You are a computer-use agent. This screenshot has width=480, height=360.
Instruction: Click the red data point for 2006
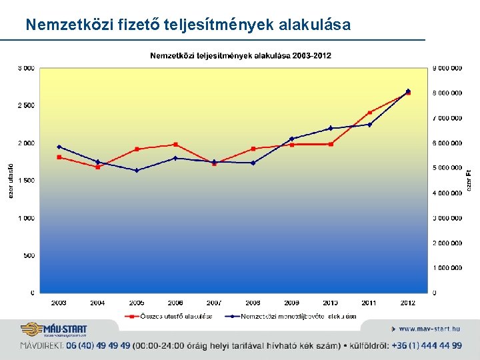(175, 145)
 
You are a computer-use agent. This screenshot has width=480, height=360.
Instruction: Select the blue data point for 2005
(137, 171)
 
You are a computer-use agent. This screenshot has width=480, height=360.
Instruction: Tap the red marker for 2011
(369, 113)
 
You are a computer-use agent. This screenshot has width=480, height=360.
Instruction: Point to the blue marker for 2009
(291, 139)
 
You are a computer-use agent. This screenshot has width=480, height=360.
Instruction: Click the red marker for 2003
(59, 157)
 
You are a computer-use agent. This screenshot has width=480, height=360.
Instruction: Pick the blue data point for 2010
(331, 128)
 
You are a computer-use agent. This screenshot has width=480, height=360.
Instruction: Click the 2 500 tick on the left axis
(26, 105)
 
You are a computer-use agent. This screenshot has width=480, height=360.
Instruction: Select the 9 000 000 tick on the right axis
(447, 68)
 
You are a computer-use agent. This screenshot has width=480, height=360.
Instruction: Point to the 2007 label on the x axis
(214, 303)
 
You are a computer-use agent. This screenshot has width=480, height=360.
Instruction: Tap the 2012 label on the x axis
(408, 303)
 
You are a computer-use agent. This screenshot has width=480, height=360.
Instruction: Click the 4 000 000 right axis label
(447, 193)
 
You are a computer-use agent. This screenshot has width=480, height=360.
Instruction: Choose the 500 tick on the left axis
(29, 255)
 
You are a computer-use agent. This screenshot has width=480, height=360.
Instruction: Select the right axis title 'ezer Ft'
(469, 181)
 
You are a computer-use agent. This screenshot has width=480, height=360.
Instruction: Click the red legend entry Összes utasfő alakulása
(173, 316)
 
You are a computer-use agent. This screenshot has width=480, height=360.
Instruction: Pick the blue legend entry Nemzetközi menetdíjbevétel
(293, 316)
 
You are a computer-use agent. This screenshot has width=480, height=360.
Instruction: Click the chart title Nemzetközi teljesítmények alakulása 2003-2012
(240, 55)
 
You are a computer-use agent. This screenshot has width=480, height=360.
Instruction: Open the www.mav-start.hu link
(429, 329)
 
